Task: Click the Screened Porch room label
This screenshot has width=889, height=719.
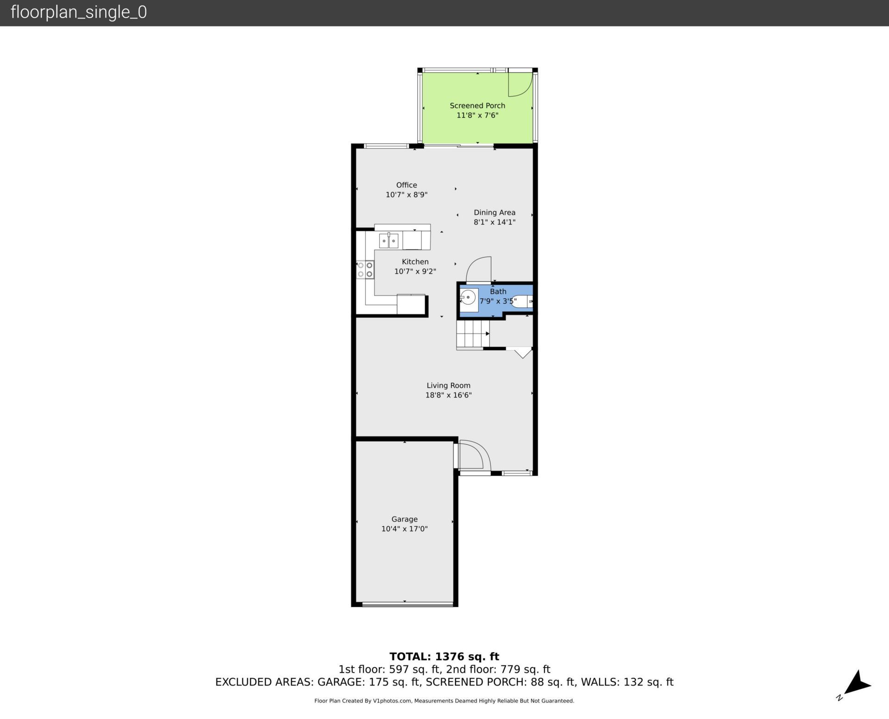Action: (477, 106)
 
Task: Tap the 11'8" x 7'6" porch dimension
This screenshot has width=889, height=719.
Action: (477, 115)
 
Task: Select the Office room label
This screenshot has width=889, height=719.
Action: (407, 185)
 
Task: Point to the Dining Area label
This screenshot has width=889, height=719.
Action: (495, 212)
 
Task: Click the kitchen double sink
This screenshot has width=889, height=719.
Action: (388, 240)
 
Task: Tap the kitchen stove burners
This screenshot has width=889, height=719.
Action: (365, 270)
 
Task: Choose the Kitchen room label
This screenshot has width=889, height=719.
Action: (415, 262)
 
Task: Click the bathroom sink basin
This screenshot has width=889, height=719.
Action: (469, 297)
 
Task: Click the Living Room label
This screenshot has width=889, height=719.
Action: (448, 385)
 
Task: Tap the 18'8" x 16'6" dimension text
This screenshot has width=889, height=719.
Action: (448, 395)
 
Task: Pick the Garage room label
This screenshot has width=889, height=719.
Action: (404, 519)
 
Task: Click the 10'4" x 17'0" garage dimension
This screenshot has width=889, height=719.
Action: (404, 529)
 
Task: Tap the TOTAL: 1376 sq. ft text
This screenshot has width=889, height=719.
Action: (444, 656)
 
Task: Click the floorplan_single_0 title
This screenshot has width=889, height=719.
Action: (79, 13)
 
